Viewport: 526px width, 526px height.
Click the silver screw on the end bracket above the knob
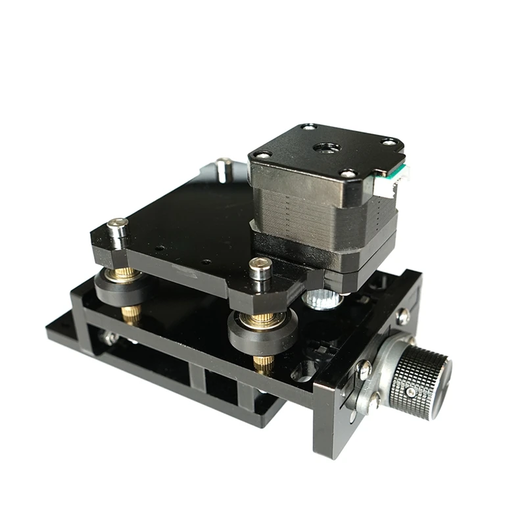coord(402,315)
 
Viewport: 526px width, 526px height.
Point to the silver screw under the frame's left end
coord(109,337)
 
